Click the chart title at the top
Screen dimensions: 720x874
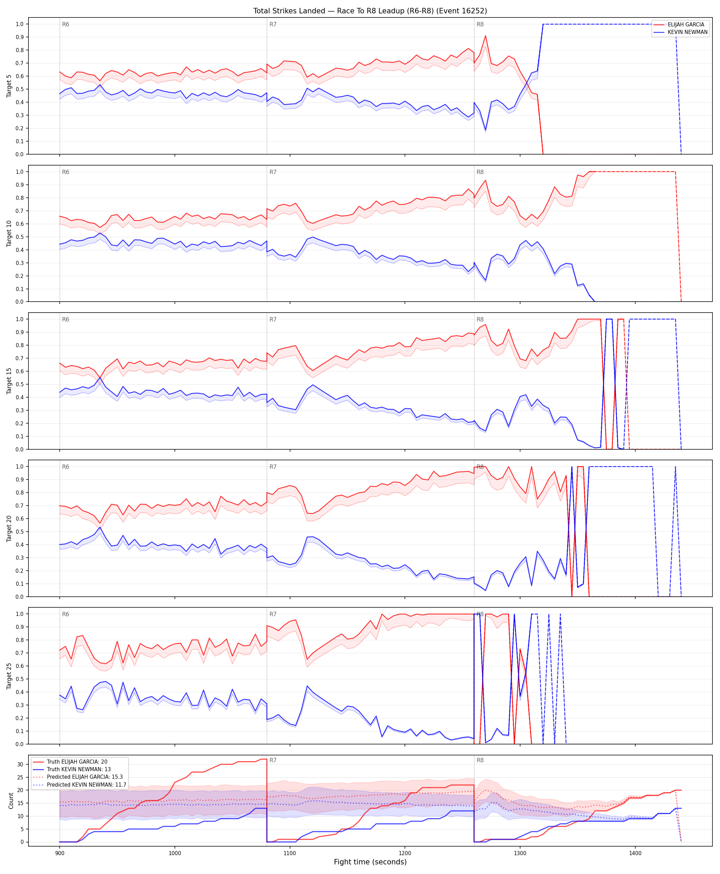tap(370, 11)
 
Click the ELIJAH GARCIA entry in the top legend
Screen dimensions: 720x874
tap(686, 24)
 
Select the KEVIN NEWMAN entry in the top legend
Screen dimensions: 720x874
tap(687, 32)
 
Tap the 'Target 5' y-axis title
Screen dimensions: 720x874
tap(9, 86)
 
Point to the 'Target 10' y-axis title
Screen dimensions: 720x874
tap(9, 233)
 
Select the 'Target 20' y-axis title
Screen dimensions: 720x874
tap(9, 528)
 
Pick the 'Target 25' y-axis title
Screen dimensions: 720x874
tap(9, 676)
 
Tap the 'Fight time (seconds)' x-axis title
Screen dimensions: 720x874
tap(370, 862)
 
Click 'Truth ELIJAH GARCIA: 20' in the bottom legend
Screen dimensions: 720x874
tap(77, 762)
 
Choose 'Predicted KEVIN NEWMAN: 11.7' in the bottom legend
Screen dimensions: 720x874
tap(86, 785)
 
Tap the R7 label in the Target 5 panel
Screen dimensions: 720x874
tap(273, 24)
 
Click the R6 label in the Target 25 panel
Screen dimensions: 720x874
tap(65, 614)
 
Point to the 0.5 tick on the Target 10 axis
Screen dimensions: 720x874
tap(20, 237)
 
